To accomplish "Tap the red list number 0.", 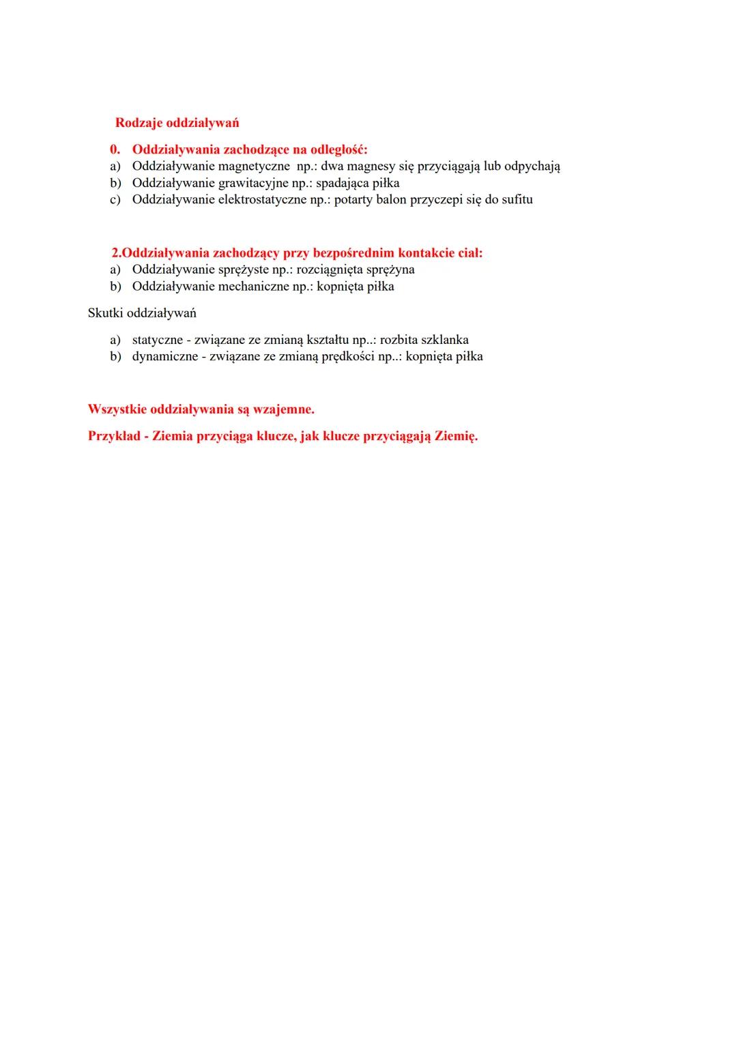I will [115, 149].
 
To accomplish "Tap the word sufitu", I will [517, 200].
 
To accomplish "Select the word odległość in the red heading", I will [338, 149].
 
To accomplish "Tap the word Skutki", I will [106, 313].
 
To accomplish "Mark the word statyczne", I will [157, 340].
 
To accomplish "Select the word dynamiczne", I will [164, 356].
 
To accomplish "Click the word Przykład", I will [113, 436].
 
